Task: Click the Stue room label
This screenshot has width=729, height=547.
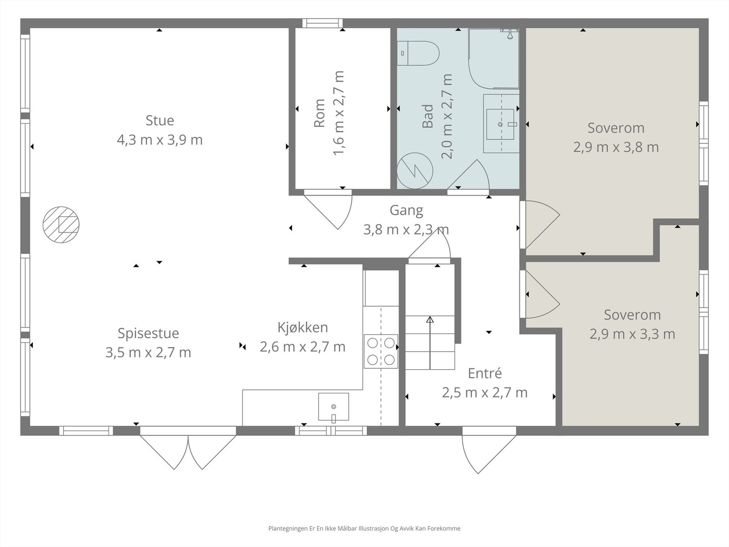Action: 160,120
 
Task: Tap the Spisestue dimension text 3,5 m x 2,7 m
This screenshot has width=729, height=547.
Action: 148,352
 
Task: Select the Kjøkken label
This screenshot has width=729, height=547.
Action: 303,328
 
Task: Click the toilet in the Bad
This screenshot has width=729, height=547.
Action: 418,53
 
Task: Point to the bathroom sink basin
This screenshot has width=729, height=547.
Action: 500,124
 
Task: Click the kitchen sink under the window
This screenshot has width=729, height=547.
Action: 334,407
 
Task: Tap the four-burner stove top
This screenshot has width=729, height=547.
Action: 381,351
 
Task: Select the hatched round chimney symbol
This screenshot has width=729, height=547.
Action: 61,225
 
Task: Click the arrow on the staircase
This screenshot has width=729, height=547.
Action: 430,342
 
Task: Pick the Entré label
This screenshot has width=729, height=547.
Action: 485,373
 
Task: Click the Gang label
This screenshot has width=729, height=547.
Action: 406,210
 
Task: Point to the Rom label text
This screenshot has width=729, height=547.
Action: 319,113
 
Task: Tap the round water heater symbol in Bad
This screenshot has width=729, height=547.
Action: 415,170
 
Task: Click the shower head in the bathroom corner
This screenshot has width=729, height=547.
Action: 510,34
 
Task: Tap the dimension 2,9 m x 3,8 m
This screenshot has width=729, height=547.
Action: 616,147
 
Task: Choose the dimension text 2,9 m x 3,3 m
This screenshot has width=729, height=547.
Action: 632,334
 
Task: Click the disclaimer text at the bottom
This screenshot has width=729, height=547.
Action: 364,528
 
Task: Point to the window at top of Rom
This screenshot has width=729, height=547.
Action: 322,23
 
